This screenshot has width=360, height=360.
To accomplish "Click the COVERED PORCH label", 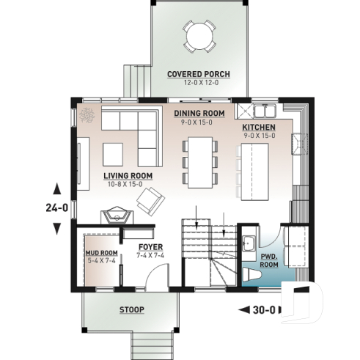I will (198, 74).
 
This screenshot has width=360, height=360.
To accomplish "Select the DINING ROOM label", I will (199, 113).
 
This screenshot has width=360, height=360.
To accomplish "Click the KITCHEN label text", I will (258, 127).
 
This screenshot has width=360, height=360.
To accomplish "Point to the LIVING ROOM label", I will (127, 176).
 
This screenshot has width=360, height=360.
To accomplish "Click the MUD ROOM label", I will (101, 253).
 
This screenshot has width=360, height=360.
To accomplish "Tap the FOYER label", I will (150, 247).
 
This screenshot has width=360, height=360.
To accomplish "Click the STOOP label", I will (132, 309).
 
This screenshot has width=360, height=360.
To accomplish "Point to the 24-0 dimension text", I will (56, 207).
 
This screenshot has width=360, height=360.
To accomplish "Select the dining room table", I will (199, 161).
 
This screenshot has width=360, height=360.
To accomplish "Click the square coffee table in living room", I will (114, 154).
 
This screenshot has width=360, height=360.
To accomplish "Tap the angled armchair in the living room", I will (152, 199).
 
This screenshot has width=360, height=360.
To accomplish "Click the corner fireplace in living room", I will (116, 216).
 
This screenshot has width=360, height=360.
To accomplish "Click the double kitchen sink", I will (262, 111).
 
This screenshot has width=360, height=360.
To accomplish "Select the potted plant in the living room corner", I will (89, 115).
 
